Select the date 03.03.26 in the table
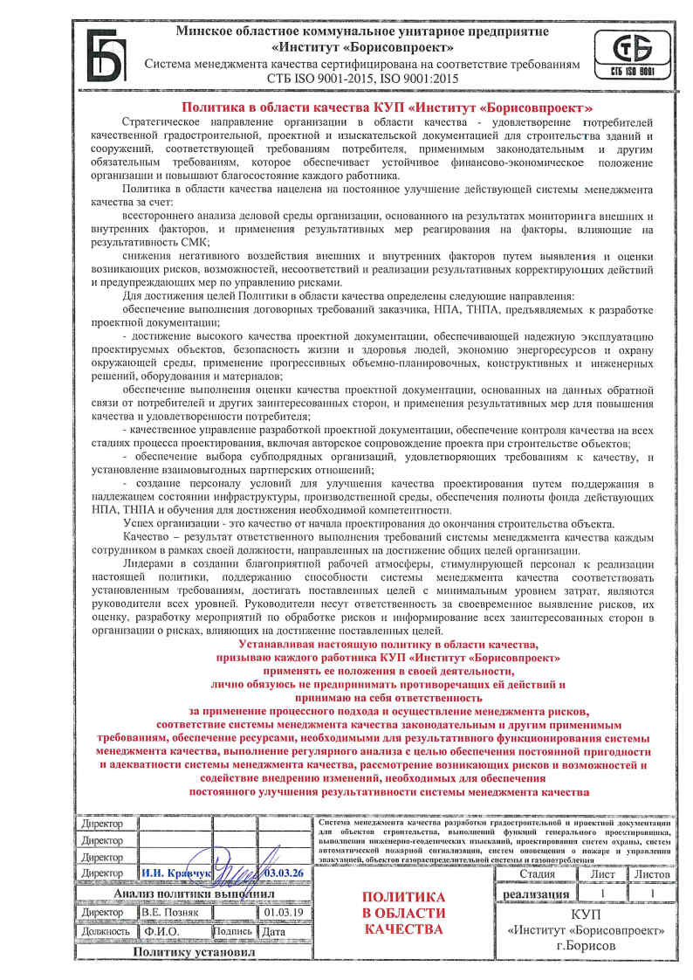(x=283, y=873)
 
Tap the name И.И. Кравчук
(x=175, y=873)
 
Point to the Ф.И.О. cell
(x=162, y=931)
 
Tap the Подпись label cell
(x=232, y=931)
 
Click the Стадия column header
(x=537, y=873)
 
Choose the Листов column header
(x=651, y=873)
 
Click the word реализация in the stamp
(x=537, y=894)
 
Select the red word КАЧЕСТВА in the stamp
(x=403, y=929)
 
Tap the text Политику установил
(x=194, y=951)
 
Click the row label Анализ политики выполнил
(x=194, y=894)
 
